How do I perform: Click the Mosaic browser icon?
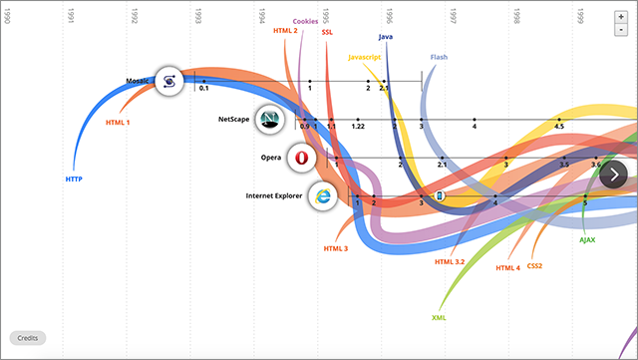pos(168,82)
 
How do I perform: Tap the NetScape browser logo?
pos(269,120)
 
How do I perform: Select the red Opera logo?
pos(300,158)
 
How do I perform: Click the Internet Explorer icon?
pos(322,195)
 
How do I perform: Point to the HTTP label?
pos(74,179)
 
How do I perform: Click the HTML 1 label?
pos(118,122)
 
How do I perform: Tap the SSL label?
pos(328,32)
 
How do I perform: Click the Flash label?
pos(439,57)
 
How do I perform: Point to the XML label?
pos(439,317)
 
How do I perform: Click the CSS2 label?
pos(535,265)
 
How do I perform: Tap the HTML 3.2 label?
pos(450,261)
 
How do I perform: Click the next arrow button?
pos(614,175)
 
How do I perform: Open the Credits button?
pos(27,338)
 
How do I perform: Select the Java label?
pos(386,37)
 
